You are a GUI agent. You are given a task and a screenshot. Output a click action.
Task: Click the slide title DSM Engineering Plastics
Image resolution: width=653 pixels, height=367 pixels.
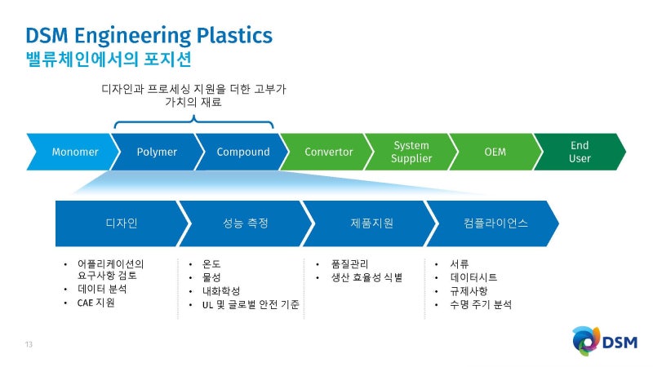click(149, 35)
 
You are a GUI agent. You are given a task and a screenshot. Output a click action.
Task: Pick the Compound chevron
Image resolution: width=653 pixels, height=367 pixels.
click(242, 152)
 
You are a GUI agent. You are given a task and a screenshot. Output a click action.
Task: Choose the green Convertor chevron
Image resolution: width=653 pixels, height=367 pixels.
click(328, 152)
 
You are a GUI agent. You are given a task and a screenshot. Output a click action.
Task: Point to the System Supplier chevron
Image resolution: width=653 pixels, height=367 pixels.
click(411, 152)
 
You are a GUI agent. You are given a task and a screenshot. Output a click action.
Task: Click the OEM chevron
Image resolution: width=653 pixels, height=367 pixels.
click(495, 152)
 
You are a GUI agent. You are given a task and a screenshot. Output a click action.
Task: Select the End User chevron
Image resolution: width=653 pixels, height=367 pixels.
click(580, 152)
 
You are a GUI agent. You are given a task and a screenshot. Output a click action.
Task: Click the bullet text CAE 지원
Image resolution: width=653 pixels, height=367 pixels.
click(96, 303)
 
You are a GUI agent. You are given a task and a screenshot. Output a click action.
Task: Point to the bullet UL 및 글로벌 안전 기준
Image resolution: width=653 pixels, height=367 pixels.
click(249, 304)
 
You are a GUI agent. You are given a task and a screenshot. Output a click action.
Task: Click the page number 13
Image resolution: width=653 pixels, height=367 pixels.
click(29, 344)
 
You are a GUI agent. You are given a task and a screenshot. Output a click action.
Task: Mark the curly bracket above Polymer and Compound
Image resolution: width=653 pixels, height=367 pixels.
click(193, 122)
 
